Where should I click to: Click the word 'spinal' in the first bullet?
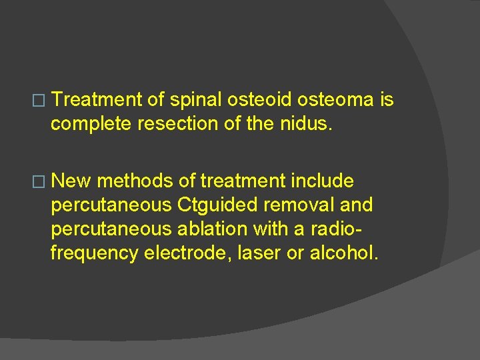[197, 100]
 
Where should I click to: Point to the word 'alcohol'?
[344, 253]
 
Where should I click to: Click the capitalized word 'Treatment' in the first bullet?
[97, 100]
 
